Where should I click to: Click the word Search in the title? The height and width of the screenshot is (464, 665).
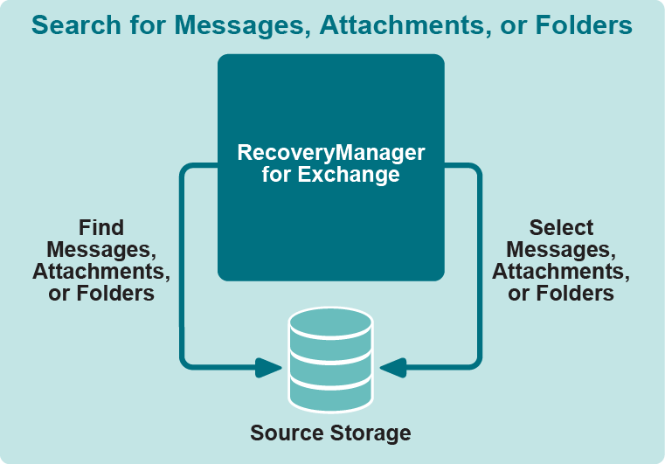73,26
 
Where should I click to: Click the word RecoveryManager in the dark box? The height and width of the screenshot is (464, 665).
331,153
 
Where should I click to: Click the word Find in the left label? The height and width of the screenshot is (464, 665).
101,228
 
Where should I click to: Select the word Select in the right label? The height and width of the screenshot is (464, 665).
561,228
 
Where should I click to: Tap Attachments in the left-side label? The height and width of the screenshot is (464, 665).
101,272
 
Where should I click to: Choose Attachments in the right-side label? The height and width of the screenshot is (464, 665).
561,272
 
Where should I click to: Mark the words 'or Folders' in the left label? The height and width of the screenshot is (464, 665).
101,294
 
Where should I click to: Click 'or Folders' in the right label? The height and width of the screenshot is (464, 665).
561,294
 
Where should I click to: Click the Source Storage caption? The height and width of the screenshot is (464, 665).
330,433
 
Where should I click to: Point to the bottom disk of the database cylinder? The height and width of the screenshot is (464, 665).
330,394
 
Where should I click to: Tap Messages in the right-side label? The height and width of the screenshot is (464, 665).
561,250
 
